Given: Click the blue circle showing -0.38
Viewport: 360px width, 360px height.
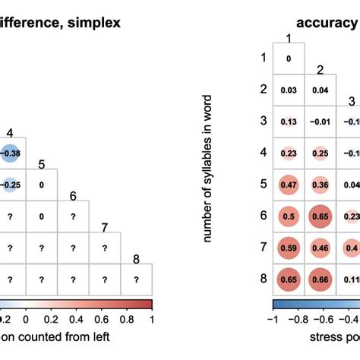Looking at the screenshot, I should click(x=10, y=152).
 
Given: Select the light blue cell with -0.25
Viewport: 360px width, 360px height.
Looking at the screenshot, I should click(x=10, y=184).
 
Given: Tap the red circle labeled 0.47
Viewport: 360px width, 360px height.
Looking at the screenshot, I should click(x=289, y=184).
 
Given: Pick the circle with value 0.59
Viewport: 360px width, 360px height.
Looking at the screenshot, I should click(x=289, y=247).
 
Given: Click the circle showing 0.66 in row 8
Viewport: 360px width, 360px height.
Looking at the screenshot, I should click(x=321, y=279).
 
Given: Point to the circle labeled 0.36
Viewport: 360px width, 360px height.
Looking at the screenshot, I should click(x=321, y=184).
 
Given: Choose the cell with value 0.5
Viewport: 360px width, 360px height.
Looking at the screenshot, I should click(x=289, y=216).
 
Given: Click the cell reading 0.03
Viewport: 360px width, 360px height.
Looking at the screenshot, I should click(x=289, y=90).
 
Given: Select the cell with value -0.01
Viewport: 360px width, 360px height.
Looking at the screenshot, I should click(x=321, y=121).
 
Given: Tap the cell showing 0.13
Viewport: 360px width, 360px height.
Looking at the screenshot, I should click(x=289, y=121).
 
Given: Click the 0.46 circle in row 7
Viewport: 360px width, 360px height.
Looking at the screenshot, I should click(x=321, y=247).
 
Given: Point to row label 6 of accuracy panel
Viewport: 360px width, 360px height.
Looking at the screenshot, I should click(x=264, y=216).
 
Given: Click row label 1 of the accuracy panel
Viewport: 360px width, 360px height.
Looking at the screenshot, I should click(x=264, y=58).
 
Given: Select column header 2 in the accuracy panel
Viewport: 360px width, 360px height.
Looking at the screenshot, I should click(x=321, y=70).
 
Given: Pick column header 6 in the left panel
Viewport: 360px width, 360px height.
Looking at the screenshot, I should click(x=73, y=195).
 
